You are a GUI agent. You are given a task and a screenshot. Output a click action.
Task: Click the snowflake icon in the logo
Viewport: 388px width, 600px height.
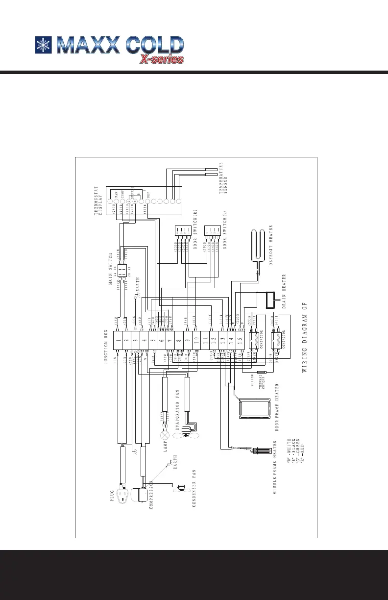[x=44, y=45]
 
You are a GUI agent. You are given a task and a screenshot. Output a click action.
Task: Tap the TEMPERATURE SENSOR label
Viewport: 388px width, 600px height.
[x=223, y=179]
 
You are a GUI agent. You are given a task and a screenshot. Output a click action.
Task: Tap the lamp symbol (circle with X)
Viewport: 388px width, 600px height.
[x=165, y=434]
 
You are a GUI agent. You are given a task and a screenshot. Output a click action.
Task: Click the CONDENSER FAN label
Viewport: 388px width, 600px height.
[x=194, y=490]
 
